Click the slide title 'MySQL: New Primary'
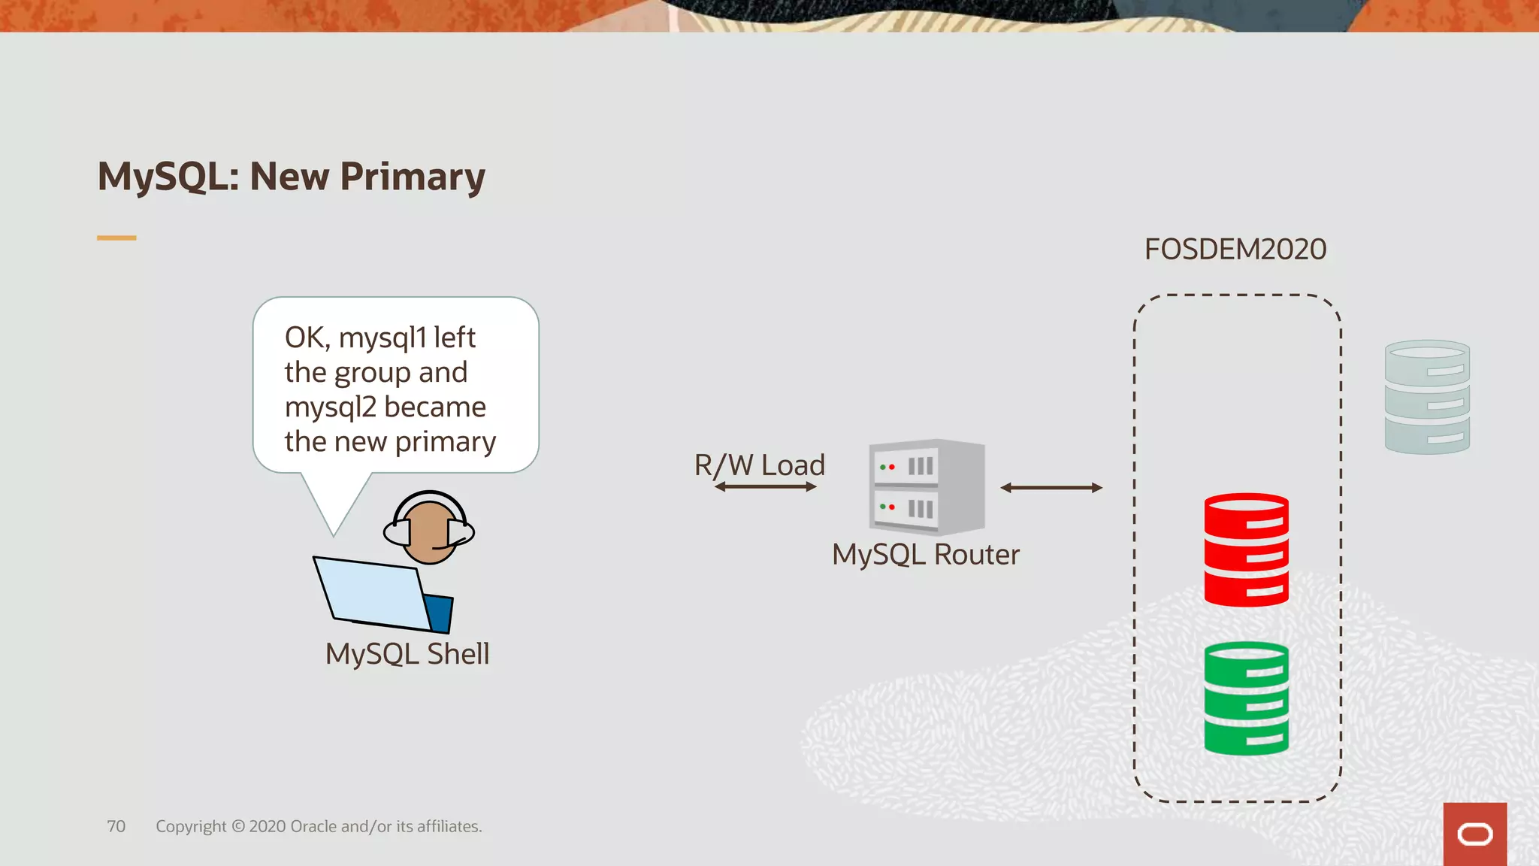tap(292, 177)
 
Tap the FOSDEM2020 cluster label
tap(1235, 250)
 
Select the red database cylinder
tap(1246, 550)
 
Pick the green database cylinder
tap(1246, 698)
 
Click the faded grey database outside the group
tap(1427, 397)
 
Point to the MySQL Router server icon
tap(927, 487)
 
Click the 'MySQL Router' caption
tap(926, 555)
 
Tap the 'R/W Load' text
tap(760, 465)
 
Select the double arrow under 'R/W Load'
tap(766, 487)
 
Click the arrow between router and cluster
tap(1051, 488)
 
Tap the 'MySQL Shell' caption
tap(407, 654)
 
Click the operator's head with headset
tap(429, 528)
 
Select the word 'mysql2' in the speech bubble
tap(331, 407)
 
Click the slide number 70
tap(116, 826)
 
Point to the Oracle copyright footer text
tap(319, 826)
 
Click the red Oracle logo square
tap(1474, 834)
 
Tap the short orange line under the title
tap(116, 238)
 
